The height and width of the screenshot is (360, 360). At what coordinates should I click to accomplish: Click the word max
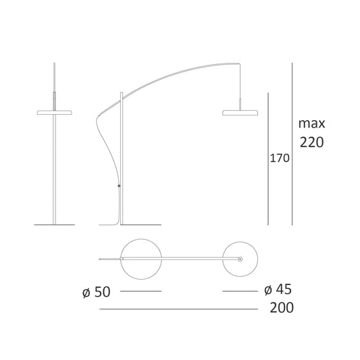pyautogui.click(x=311, y=124)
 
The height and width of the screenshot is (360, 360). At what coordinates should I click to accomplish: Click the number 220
pyautogui.click(x=312, y=142)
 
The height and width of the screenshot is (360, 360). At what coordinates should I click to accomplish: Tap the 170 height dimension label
pyautogui.click(x=280, y=158)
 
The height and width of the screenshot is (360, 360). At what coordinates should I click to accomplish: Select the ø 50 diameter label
pyautogui.click(x=97, y=292)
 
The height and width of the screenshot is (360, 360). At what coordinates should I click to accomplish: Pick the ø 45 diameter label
pyautogui.click(x=278, y=289)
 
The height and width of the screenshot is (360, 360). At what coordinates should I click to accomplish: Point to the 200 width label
pyautogui.click(x=282, y=307)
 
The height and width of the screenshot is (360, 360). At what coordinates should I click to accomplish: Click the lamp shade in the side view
pyautogui.click(x=240, y=113)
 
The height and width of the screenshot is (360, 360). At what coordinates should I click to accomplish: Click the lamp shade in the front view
pyautogui.click(x=55, y=113)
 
